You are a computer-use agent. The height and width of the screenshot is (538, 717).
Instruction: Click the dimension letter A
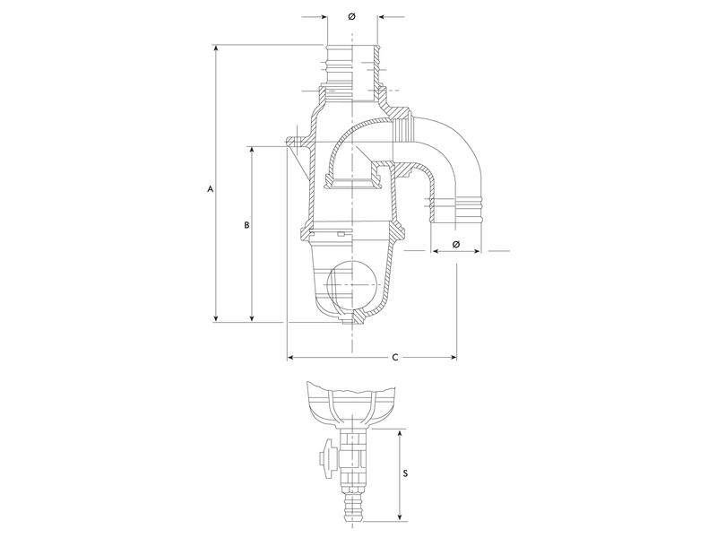pyautogui.click(x=210, y=189)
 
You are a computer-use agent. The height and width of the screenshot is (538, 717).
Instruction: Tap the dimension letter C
pyautogui.click(x=395, y=357)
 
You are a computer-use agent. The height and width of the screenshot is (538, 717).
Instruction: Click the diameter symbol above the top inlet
pyautogui.click(x=351, y=16)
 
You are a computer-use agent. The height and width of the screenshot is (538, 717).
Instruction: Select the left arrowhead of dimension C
pyautogui.click(x=291, y=357)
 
